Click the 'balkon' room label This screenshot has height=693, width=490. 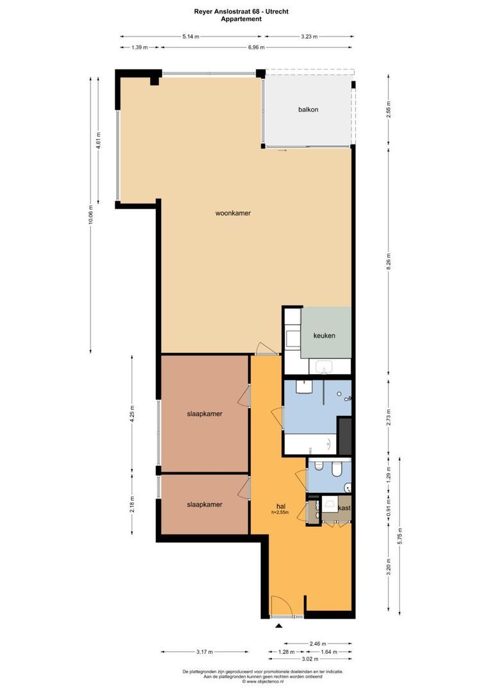tap(308, 110)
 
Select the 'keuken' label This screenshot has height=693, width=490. tap(324, 336)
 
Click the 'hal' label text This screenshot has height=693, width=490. tap(280, 506)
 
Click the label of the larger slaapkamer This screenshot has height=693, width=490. tap(205, 414)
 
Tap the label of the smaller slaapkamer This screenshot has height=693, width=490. tap(205, 504)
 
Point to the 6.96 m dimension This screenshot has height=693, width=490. tap(257, 47)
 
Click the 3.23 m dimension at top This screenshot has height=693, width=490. tap(309, 37)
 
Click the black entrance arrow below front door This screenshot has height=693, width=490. tap(278, 626)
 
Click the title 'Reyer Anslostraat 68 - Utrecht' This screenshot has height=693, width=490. tap(241, 11)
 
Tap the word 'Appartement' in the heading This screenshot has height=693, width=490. tap(241, 19)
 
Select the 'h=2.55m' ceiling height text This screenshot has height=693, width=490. tap(280, 513)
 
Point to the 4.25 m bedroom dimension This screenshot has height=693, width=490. tap(132, 412)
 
